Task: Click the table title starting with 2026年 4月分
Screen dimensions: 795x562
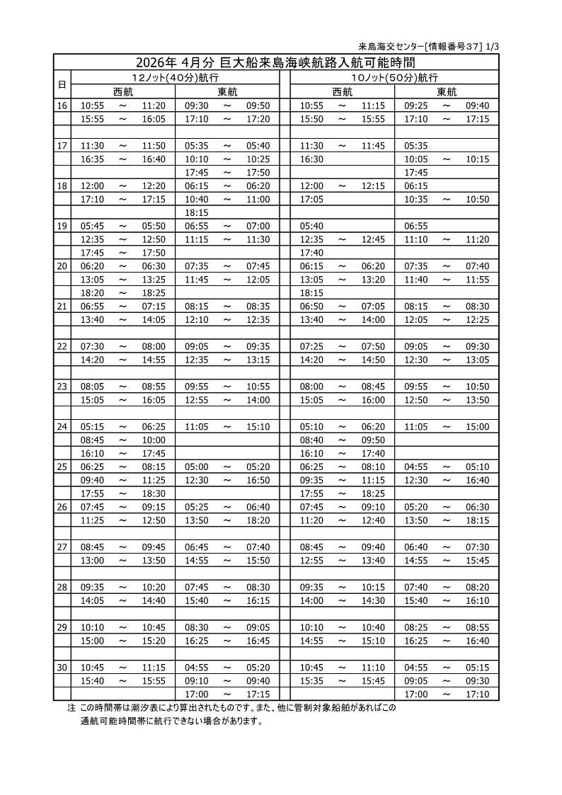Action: pyautogui.click(x=277, y=62)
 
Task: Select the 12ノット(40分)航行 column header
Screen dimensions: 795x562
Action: pyautogui.click(x=175, y=77)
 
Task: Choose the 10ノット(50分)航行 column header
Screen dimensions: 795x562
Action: pyautogui.click(x=394, y=77)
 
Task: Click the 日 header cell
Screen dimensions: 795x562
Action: pyautogui.click(x=62, y=84)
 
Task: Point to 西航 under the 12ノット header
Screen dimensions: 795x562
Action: pyautogui.click(x=123, y=91)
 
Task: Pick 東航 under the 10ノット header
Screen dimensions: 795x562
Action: pyautogui.click(x=447, y=91)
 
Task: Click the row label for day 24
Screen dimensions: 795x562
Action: pyautogui.click(x=62, y=427)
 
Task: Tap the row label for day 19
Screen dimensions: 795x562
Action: pyautogui.click(x=62, y=226)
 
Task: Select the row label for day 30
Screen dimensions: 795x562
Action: pyautogui.click(x=62, y=668)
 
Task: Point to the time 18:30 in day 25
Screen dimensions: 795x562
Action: pyautogui.click(x=154, y=493)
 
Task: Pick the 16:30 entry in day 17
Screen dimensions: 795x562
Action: pyautogui.click(x=311, y=159)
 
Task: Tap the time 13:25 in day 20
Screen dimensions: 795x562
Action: pyautogui.click(x=154, y=280)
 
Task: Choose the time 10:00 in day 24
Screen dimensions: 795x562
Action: pyautogui.click(x=154, y=440)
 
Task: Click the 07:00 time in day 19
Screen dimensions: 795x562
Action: pyautogui.click(x=258, y=226)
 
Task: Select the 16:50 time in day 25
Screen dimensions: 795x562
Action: pyautogui.click(x=258, y=480)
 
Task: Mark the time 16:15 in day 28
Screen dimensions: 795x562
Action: pyautogui.click(x=258, y=600)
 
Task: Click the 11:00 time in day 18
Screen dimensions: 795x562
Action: pyautogui.click(x=258, y=200)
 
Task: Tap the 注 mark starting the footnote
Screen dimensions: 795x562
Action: pyautogui.click(x=71, y=707)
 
